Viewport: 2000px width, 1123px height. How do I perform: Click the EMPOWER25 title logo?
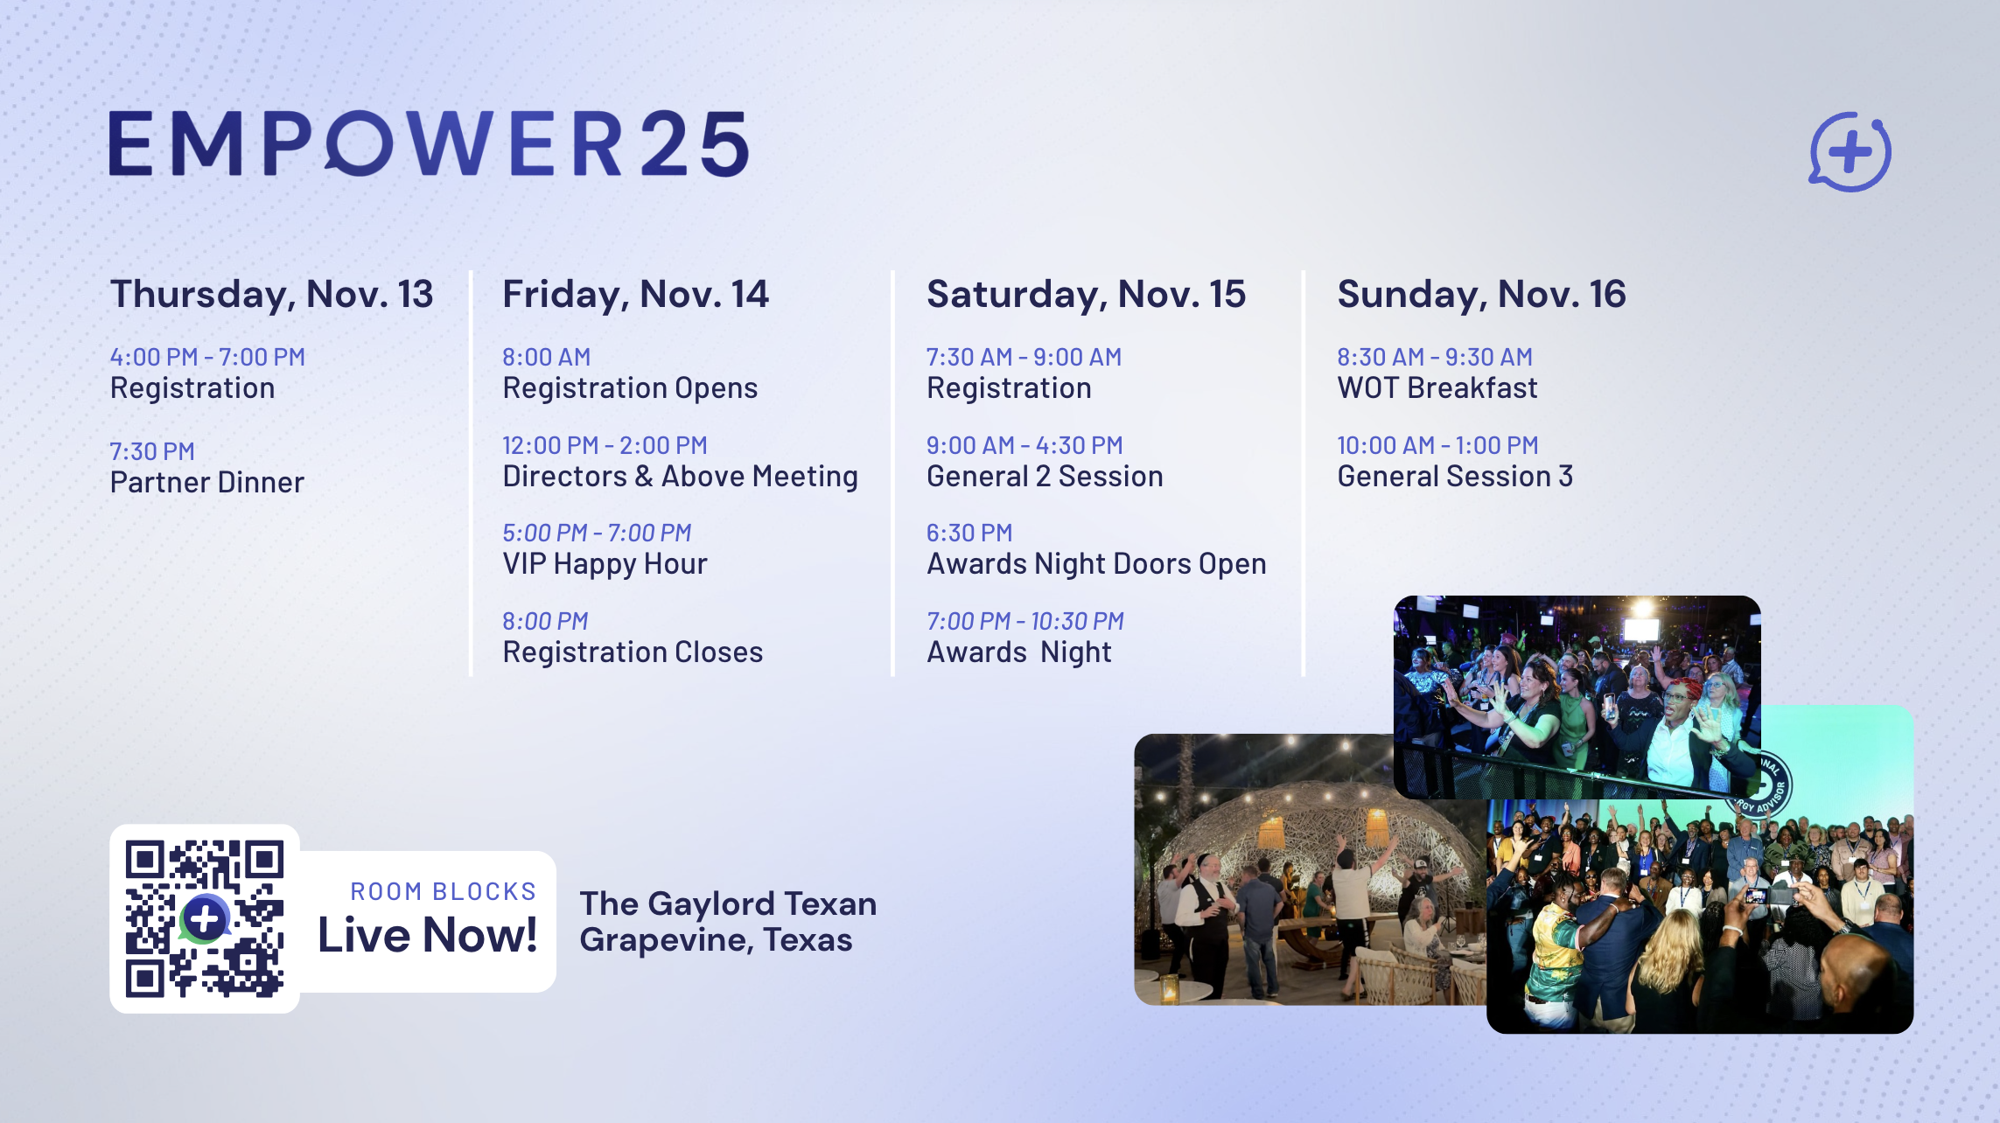[429, 143]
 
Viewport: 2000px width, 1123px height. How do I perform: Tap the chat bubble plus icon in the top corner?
[1850, 151]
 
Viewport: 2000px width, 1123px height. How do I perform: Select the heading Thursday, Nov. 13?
[271, 295]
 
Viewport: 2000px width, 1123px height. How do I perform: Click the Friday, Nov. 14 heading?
[635, 295]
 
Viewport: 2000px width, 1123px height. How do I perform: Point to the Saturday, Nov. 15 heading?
[1086, 295]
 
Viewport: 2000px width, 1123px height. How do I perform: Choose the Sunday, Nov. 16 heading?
[1481, 295]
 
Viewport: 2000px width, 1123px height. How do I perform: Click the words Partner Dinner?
[206, 483]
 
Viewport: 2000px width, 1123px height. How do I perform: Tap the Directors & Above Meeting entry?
[680, 477]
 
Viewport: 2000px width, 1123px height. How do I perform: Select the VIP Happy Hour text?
[605, 565]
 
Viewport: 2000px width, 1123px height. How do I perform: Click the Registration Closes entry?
[633, 652]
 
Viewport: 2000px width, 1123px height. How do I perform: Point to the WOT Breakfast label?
[1437, 388]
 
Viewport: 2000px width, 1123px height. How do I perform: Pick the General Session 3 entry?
[1455, 477]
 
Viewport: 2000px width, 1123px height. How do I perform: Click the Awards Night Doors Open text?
[1096, 565]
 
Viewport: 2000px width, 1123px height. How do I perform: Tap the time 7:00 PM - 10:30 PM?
[1024, 621]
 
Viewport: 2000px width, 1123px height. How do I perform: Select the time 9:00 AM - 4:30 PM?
[1024, 445]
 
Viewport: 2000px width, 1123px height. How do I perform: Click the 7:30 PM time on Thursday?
[152, 451]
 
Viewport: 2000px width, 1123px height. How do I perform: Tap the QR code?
[205, 919]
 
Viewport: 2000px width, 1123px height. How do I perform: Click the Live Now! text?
[427, 935]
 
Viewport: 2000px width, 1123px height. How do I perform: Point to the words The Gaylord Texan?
[728, 903]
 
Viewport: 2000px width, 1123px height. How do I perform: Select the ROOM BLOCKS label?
[443, 891]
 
